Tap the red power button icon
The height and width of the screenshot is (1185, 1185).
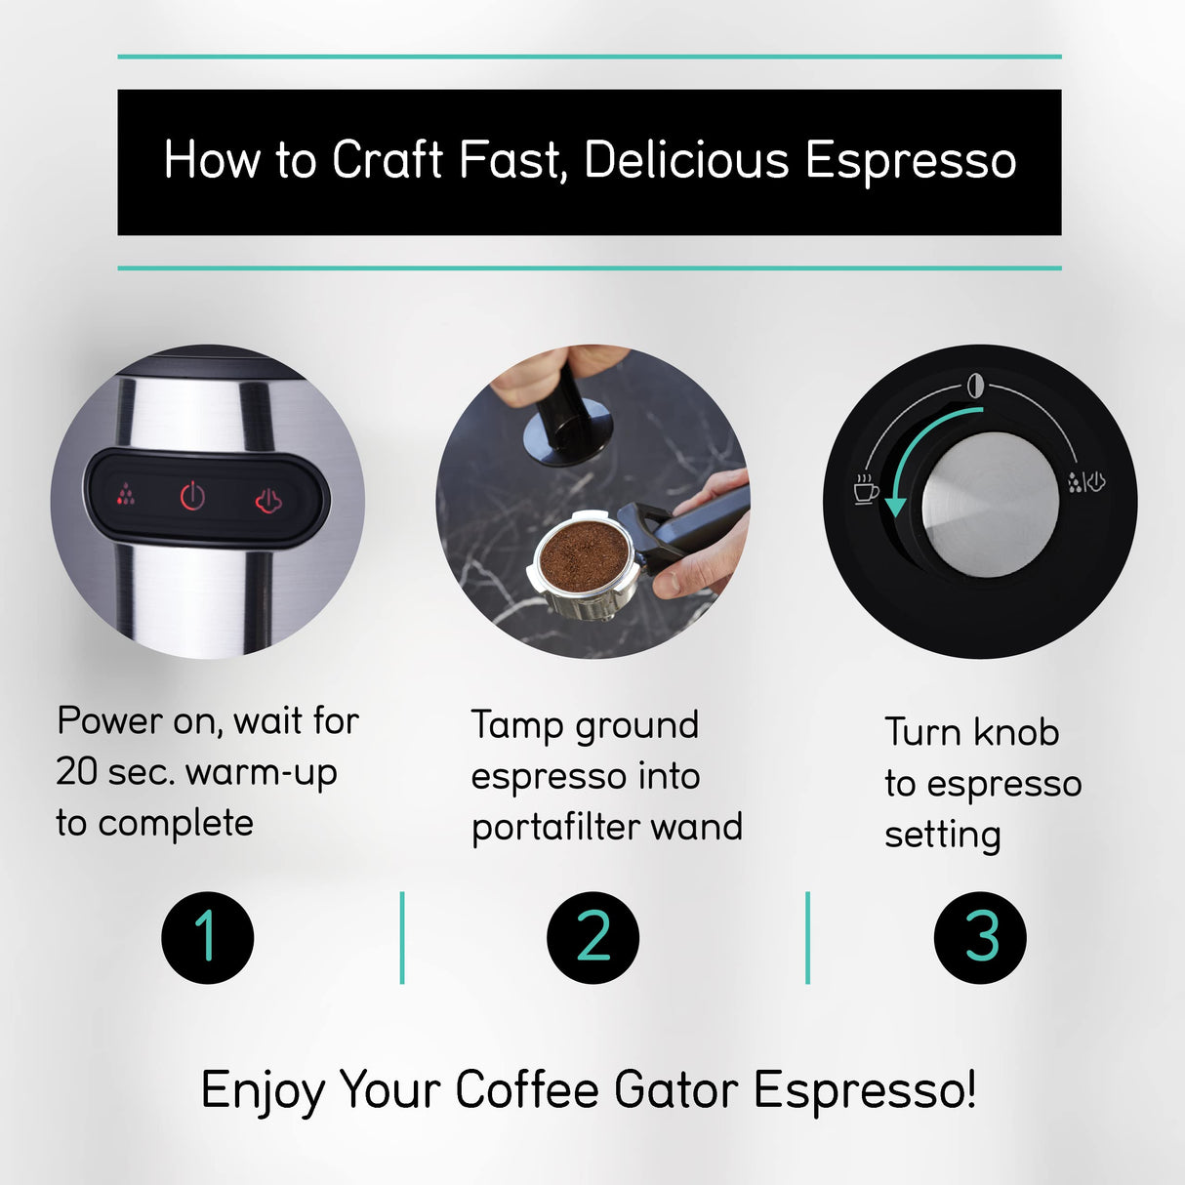[x=193, y=497]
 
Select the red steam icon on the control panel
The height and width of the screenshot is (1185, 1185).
[x=268, y=501]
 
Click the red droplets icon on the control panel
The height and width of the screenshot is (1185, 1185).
[x=126, y=495]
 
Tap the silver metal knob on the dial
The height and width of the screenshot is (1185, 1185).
[x=990, y=505]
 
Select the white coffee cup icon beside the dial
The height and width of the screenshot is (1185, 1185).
[x=865, y=488]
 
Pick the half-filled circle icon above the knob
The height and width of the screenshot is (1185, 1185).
[x=974, y=386]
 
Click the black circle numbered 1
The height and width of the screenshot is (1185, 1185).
[x=208, y=937]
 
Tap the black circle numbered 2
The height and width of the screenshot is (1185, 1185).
[x=592, y=937]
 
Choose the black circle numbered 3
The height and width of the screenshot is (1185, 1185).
[x=980, y=937]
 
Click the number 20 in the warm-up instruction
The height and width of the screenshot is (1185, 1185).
[x=77, y=772]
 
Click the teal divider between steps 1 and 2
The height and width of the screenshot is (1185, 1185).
[x=402, y=937]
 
